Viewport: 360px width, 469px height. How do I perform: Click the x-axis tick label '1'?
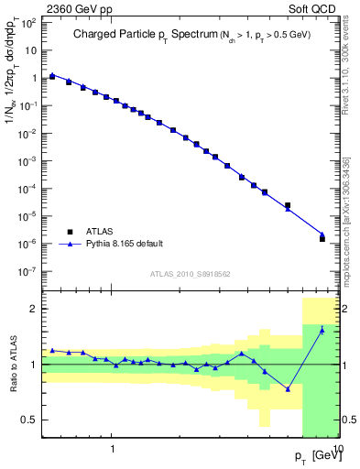(x=113, y=450)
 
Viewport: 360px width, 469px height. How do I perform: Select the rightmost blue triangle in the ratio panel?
(x=322, y=331)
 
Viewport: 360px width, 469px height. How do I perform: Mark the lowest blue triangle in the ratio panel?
(x=288, y=388)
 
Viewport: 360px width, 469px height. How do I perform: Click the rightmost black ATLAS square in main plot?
(x=322, y=238)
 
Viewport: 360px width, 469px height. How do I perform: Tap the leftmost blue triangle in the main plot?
(x=52, y=75)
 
